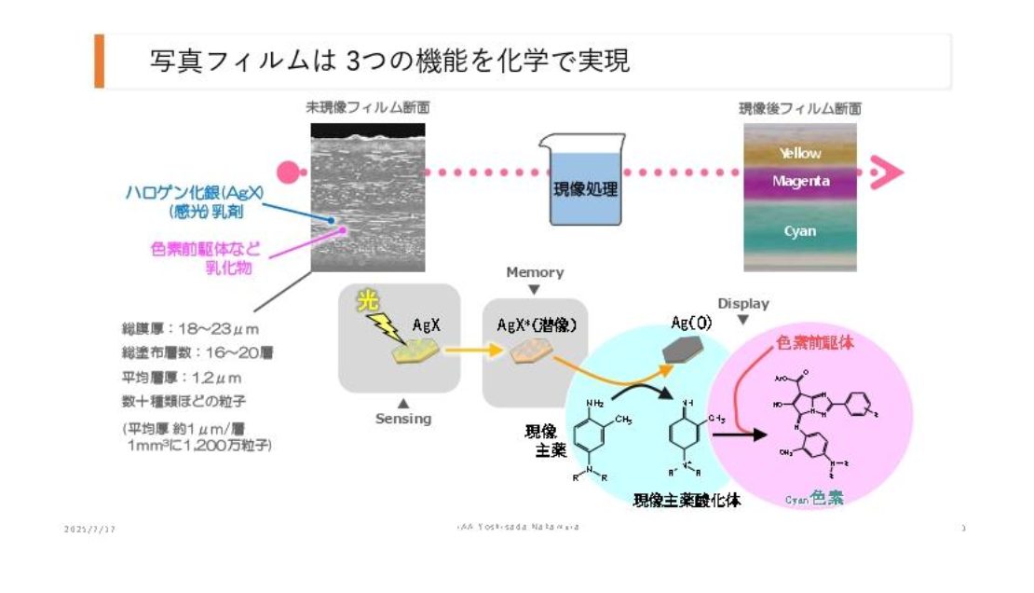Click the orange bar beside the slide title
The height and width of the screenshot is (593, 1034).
click(x=99, y=62)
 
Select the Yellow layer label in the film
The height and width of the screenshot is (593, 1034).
click(x=800, y=153)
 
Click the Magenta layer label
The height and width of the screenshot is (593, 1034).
click(x=800, y=182)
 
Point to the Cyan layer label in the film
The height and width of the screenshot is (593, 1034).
click(x=799, y=231)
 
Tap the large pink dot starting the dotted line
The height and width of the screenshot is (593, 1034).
click(x=289, y=172)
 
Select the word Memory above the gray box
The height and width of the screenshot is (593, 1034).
click(x=535, y=272)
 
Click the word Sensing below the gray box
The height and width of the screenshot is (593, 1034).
click(x=403, y=419)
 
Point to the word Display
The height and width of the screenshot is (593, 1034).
click(x=743, y=303)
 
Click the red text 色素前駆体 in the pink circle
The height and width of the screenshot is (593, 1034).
click(x=815, y=343)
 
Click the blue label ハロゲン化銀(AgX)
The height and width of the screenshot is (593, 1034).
click(x=195, y=193)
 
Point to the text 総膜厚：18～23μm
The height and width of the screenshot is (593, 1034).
click(x=189, y=329)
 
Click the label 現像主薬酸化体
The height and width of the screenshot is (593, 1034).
click(x=687, y=500)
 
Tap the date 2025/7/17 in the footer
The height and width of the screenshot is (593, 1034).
click(x=89, y=529)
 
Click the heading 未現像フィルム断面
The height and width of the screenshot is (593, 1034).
click(x=368, y=108)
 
